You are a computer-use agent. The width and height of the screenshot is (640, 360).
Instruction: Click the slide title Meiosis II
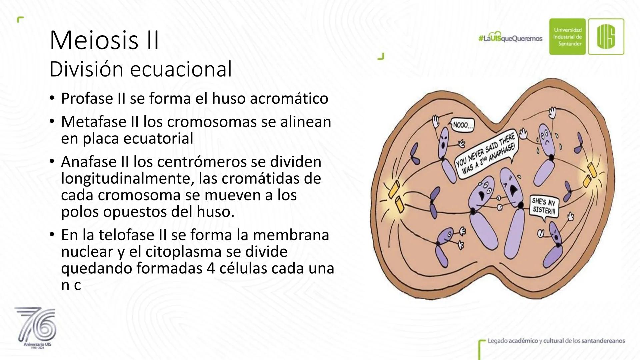point(104,40)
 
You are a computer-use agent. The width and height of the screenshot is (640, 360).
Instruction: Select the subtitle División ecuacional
point(140,69)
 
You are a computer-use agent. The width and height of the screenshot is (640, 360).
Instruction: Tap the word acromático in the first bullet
point(289,98)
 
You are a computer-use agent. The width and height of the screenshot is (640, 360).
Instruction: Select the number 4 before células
point(211,269)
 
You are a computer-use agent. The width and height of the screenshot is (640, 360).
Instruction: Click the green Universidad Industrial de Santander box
point(567,37)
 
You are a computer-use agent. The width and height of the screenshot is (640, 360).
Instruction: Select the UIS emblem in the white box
point(606,37)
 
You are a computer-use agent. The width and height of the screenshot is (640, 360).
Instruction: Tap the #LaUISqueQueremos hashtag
point(510,39)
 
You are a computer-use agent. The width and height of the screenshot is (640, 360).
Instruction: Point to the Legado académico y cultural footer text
point(556,341)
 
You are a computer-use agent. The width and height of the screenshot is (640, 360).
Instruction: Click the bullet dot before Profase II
point(52,98)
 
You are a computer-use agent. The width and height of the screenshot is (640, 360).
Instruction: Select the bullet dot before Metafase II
point(52,122)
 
